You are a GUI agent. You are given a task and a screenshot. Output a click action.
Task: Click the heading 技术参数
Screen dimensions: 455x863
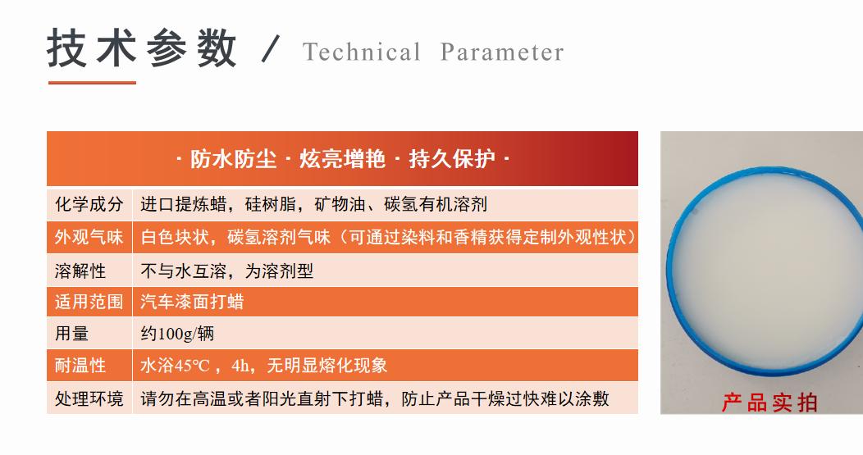point(142,48)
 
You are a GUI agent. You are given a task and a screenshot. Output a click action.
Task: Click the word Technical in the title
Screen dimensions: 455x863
point(361,52)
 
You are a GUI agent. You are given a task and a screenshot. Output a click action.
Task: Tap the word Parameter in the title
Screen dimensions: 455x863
point(502,52)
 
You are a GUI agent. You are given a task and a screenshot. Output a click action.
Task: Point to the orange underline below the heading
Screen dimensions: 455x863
point(92,82)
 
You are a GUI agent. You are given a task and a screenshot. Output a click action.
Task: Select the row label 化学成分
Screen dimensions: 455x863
point(89,204)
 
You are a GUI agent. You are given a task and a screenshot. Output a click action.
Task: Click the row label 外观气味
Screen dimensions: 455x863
point(89,237)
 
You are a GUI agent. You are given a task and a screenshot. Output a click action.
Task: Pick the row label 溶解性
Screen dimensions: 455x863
point(80,270)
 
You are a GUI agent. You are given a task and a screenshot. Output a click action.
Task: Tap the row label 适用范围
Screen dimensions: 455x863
point(89,302)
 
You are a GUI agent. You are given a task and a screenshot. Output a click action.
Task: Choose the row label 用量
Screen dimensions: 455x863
point(71,334)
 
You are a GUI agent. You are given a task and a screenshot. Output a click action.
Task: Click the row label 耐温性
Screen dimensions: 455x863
point(80,366)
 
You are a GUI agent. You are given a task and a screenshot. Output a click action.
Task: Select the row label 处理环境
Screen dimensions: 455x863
point(89,398)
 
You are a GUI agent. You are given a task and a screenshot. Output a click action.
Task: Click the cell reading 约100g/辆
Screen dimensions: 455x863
point(178,334)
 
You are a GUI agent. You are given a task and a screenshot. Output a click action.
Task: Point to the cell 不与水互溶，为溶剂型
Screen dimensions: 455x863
point(227,270)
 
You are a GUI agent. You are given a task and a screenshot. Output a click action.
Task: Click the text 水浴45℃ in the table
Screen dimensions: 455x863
point(176,366)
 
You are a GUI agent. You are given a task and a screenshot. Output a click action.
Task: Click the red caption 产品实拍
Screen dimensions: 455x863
point(769,402)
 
